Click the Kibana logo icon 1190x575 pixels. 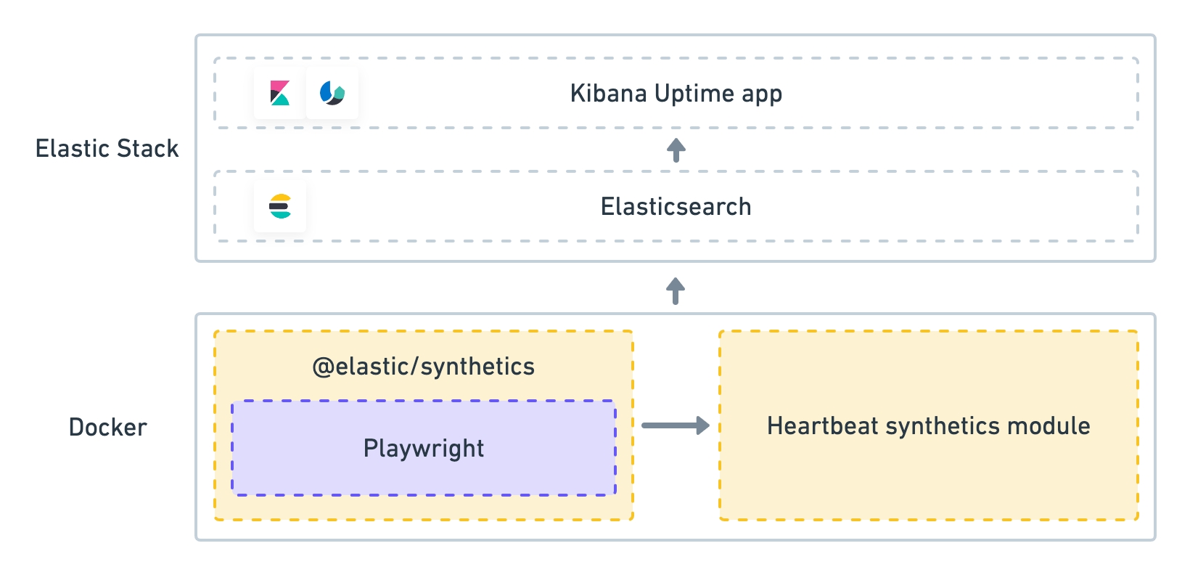[x=280, y=93]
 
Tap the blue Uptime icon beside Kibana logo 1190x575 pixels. [x=332, y=93]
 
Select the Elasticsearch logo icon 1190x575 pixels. [x=280, y=206]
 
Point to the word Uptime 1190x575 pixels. [x=694, y=94]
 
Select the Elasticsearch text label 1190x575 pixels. [x=676, y=207]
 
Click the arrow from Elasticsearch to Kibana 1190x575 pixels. [x=676, y=150]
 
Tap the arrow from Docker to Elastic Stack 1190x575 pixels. [x=676, y=290]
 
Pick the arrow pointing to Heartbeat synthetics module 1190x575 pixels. [x=676, y=425]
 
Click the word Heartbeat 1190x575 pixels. [x=822, y=426]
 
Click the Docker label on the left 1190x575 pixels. [x=108, y=428]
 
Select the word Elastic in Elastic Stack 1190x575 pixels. [x=73, y=148]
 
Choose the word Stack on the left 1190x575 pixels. [x=148, y=148]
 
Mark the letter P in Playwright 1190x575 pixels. [x=371, y=448]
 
